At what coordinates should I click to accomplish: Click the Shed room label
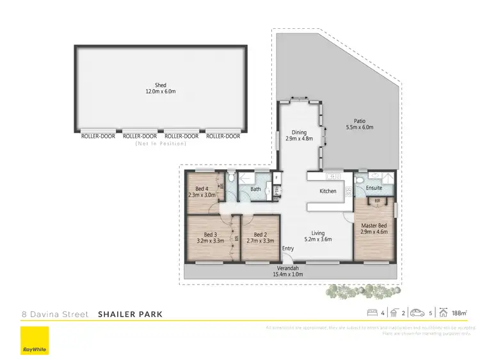[x=160, y=85]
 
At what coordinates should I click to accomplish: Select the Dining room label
[x=300, y=133]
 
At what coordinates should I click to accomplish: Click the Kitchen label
[x=328, y=191]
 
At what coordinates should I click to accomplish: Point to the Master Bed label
[x=373, y=225]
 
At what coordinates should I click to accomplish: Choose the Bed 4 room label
[x=202, y=188]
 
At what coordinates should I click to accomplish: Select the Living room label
[x=318, y=233]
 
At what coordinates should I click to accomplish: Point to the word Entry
[x=288, y=249]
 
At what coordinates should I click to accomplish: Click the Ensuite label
[x=374, y=188]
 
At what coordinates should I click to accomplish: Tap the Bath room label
[x=255, y=189]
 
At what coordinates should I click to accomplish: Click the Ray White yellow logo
[x=35, y=341]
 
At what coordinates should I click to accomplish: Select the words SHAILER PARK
[x=130, y=314]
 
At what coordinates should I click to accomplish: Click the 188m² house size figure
[x=460, y=313]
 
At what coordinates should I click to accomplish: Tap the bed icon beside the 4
[x=372, y=313]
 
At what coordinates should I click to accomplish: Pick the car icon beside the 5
[x=417, y=313]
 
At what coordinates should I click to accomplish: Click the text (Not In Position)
[x=160, y=143]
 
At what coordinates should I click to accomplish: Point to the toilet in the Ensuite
[x=361, y=186]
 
